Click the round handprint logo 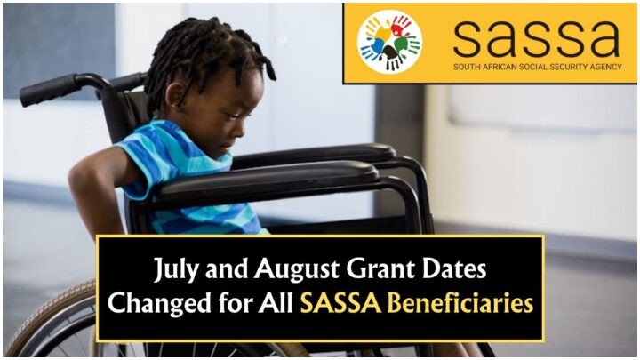click(x=390, y=42)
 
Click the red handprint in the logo click(x=400, y=25)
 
